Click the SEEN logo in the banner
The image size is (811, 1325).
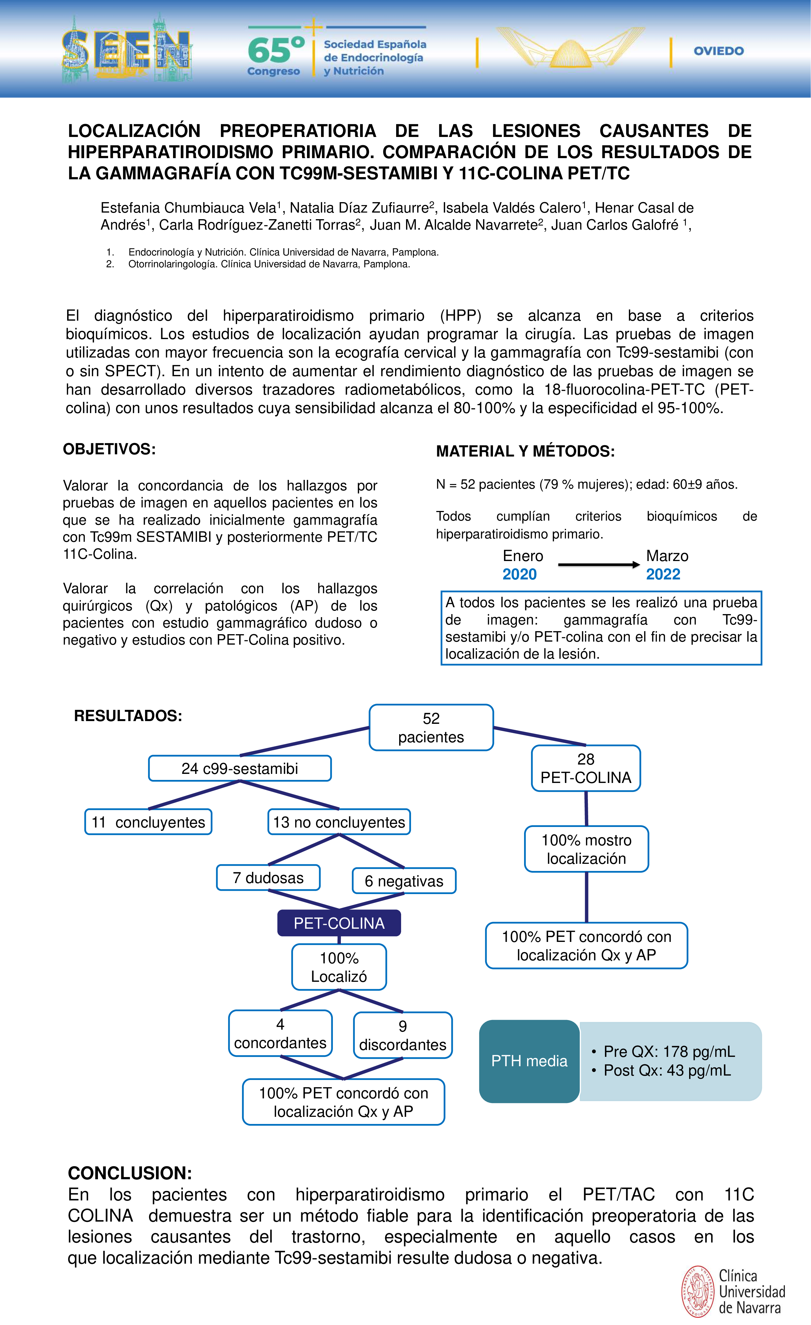(126, 50)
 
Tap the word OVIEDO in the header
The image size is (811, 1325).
(719, 51)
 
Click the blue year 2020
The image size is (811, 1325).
(519, 574)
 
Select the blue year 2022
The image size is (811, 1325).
(663, 574)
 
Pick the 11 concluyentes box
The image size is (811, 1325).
(149, 822)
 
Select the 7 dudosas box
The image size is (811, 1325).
(268, 878)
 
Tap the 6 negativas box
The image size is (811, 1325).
(404, 881)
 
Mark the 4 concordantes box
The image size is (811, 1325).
(280, 1033)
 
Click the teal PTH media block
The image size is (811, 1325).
(529, 1061)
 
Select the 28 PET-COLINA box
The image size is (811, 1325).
(586, 768)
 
